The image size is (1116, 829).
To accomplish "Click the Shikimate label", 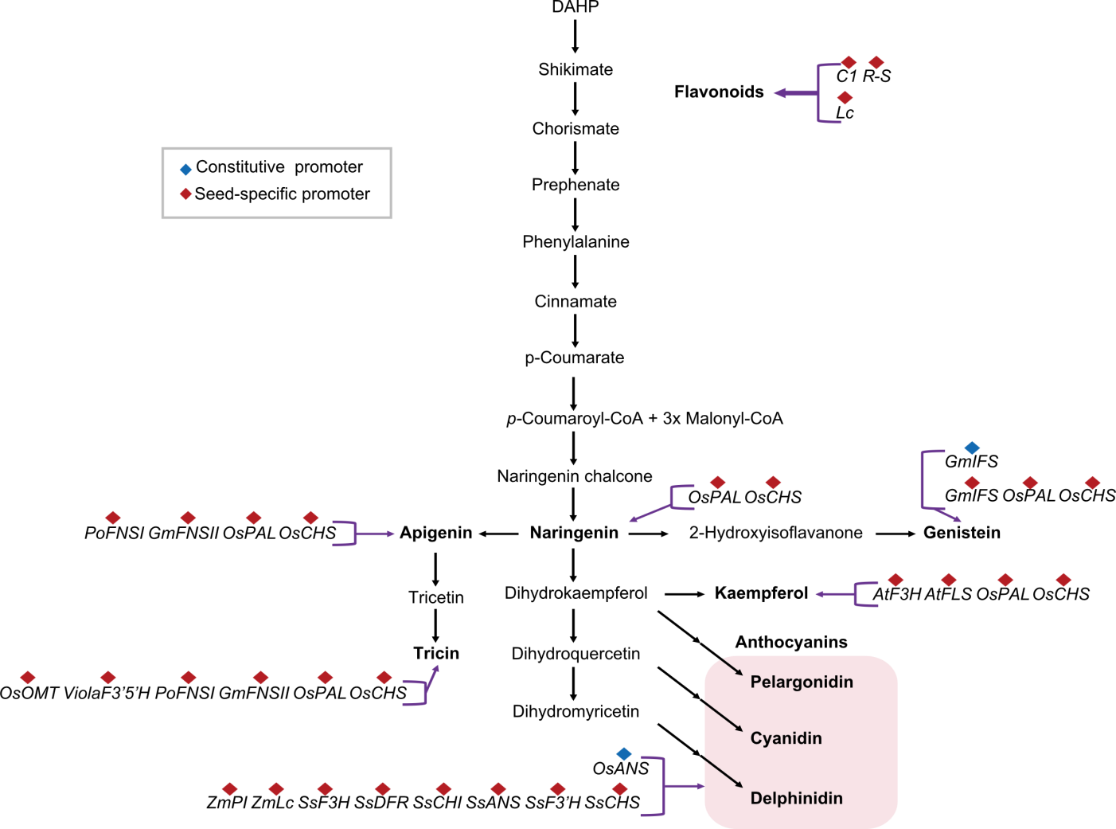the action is [x=575, y=69].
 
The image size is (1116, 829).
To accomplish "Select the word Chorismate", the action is [x=575, y=129].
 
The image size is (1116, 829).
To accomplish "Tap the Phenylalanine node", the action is [x=575, y=242].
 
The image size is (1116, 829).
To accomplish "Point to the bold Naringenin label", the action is [x=574, y=533].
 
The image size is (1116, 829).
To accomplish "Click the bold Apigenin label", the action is [x=435, y=533].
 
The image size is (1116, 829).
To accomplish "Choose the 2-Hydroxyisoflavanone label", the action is [x=775, y=533].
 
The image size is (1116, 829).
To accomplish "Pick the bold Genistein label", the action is [x=962, y=533].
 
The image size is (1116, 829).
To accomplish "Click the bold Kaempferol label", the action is [x=761, y=593].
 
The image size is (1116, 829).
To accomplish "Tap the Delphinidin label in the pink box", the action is [x=796, y=798].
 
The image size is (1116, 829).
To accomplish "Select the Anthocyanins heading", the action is [x=791, y=643].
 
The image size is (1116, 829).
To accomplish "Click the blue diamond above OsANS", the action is [x=623, y=753].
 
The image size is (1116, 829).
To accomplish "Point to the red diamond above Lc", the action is [x=845, y=97].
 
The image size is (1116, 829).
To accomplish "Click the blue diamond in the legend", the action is [x=185, y=170].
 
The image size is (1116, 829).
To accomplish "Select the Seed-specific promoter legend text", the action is [x=283, y=194].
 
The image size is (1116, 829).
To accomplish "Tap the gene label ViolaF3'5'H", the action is [x=107, y=694].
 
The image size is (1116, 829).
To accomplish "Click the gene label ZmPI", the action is [x=226, y=803].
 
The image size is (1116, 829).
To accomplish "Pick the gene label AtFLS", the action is [x=948, y=594].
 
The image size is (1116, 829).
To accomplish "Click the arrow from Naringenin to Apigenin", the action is [x=498, y=534].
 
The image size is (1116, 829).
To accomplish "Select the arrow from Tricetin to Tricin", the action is [x=435, y=626].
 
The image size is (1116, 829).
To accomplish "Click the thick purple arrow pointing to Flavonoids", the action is [x=795, y=93].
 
